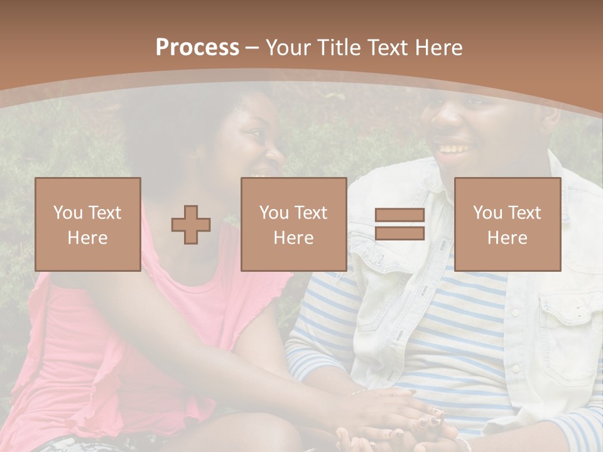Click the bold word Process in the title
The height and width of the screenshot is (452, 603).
tap(197, 48)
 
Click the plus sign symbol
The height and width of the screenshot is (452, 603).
tap(191, 225)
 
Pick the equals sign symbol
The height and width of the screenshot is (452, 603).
tap(399, 225)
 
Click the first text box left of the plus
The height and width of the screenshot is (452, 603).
tap(88, 225)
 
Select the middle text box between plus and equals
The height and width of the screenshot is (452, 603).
tap(293, 225)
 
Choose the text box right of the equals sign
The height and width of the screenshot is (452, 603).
tap(507, 225)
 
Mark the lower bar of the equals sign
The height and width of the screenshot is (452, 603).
tap(399, 234)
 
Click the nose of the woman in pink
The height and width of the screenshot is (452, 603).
tap(277, 153)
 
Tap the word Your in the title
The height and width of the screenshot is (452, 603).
tap(286, 48)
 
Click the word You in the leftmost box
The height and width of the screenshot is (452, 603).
tap(67, 213)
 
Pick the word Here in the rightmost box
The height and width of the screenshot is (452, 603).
tap(507, 238)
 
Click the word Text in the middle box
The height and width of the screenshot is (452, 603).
tap(311, 213)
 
